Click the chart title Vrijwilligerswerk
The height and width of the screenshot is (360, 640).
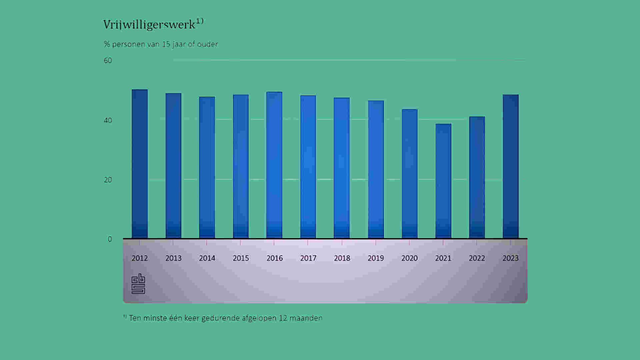tap(149, 25)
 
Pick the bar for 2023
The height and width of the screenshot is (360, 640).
tap(511, 167)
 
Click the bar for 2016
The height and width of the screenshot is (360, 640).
tap(274, 165)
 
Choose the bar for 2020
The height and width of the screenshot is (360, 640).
tap(410, 174)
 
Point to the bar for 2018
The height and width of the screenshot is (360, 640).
tap(342, 168)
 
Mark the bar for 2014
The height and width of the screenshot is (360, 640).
tap(207, 168)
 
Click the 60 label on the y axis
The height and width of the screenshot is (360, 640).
tap(108, 61)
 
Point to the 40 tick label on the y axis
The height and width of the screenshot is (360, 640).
tap(108, 120)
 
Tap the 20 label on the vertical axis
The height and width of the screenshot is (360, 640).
tap(108, 180)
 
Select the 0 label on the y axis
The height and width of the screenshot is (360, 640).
tap(110, 239)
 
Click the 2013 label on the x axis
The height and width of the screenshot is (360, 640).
tap(173, 258)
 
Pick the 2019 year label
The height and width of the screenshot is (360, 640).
tap(376, 258)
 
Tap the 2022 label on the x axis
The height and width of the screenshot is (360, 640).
tap(477, 258)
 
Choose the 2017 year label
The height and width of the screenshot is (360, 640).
tap(308, 258)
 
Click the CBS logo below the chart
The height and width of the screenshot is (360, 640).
tap(138, 284)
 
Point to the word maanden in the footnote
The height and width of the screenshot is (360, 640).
tap(306, 318)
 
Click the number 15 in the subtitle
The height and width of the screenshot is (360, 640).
tap(166, 44)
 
